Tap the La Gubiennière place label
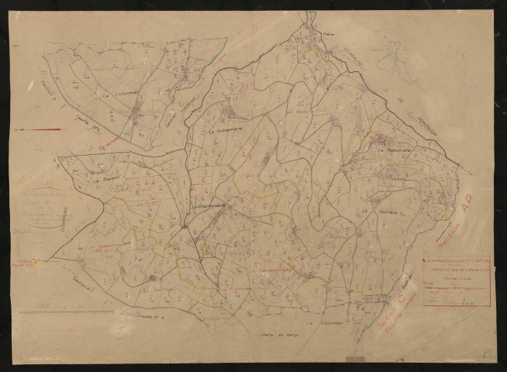coord(226,132)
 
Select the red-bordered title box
coord(456,280)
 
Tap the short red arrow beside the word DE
coord(114,142)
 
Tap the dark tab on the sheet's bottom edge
coord(355,360)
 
